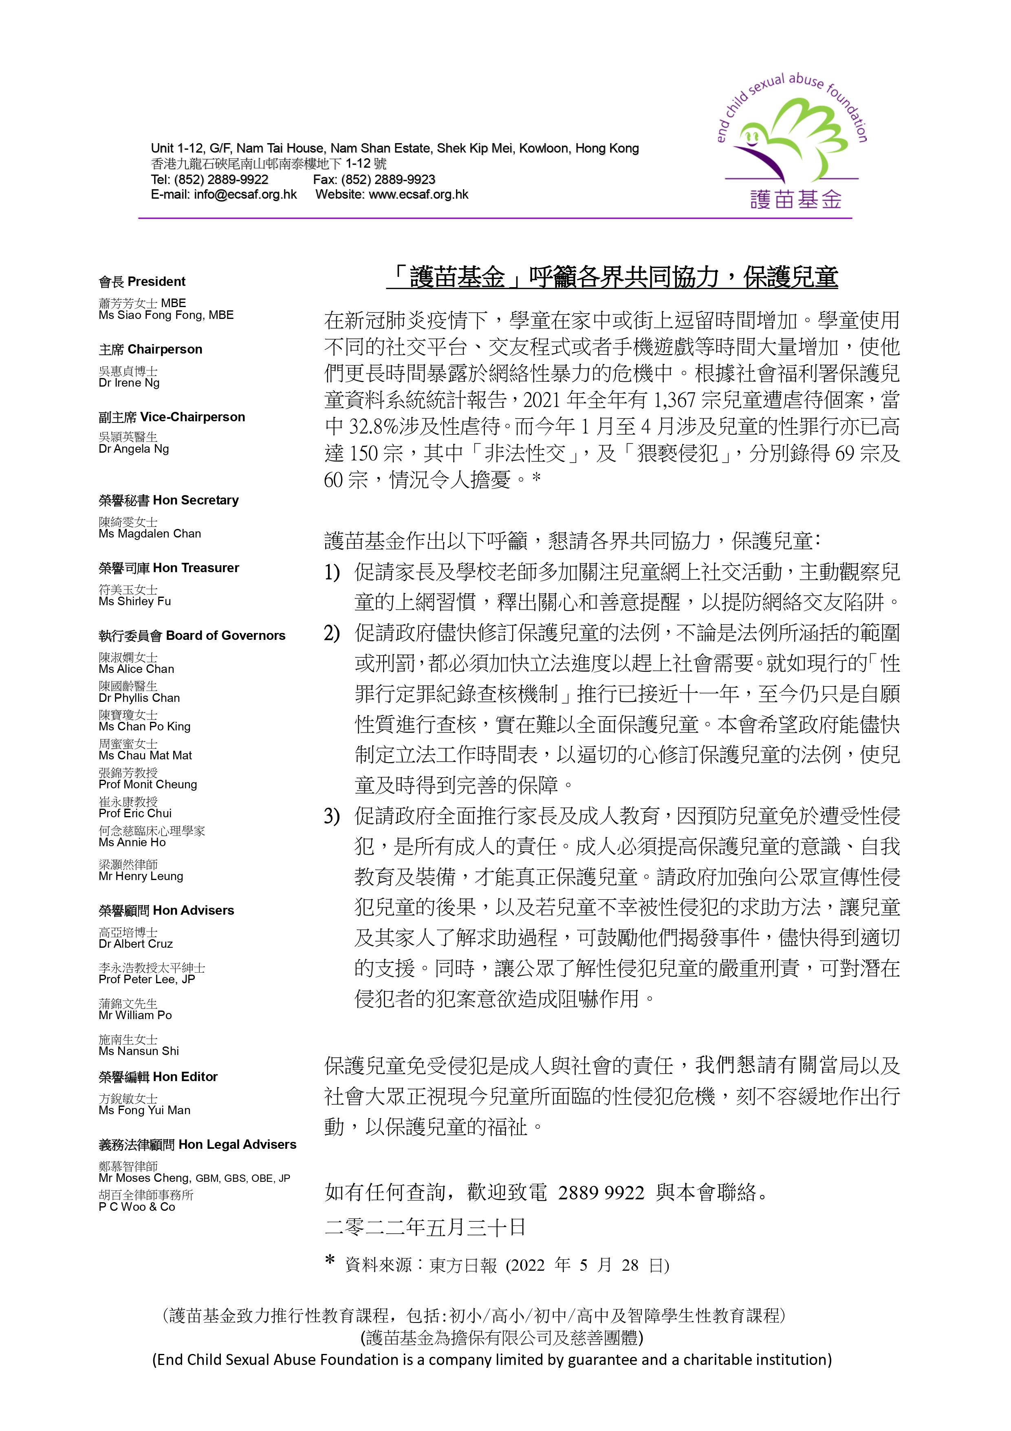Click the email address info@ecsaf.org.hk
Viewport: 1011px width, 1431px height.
[x=245, y=195]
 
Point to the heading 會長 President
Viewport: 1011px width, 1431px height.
[x=142, y=282]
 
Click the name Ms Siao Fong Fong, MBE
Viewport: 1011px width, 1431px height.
[x=166, y=315]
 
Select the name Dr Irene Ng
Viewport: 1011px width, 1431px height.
[x=129, y=383]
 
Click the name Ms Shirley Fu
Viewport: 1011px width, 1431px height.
[x=134, y=602]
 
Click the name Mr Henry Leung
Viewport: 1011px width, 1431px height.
[x=141, y=876]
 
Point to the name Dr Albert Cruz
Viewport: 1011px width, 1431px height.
[x=136, y=944]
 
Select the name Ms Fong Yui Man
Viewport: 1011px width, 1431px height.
[x=145, y=1110]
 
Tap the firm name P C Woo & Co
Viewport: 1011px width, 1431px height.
[x=137, y=1207]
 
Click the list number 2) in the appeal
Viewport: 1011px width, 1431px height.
[x=332, y=634]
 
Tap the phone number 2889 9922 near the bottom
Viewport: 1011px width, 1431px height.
[x=601, y=1193]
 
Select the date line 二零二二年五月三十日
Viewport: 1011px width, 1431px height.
[x=425, y=1227]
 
